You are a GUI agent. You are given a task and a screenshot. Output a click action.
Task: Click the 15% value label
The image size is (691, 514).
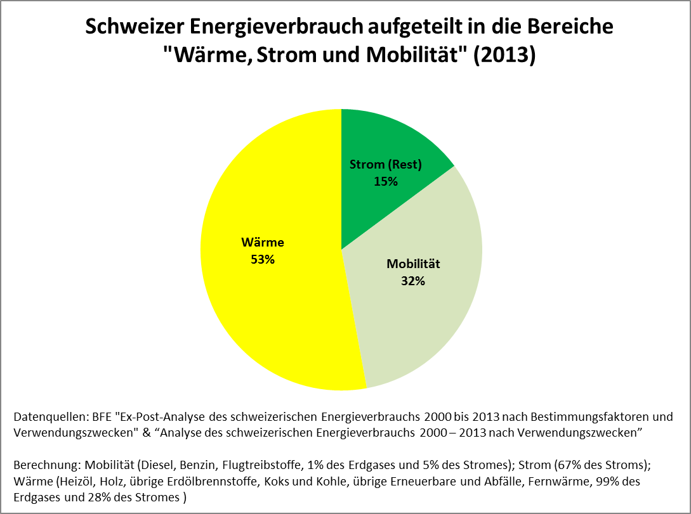(x=385, y=181)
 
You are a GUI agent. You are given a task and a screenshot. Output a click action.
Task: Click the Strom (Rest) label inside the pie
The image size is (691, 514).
(x=386, y=165)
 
